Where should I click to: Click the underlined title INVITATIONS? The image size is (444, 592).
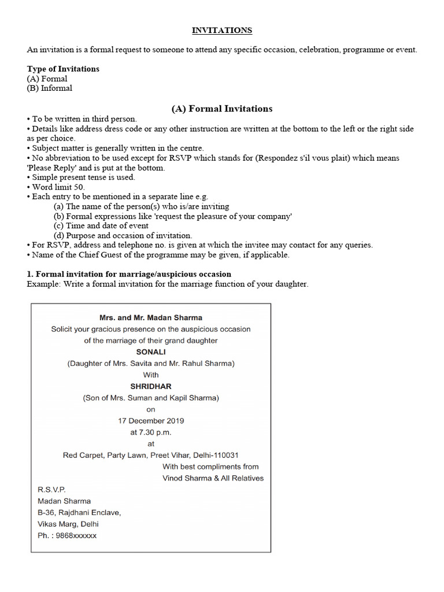point(222,31)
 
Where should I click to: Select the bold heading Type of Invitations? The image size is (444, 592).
point(63,69)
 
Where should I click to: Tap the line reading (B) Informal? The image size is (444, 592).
point(50,88)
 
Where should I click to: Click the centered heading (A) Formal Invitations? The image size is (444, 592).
point(222,109)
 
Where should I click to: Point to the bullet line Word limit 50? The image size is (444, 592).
point(58,187)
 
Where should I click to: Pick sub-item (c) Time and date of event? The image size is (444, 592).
point(101,226)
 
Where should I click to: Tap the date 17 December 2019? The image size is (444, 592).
point(151,420)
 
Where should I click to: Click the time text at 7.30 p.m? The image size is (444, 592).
point(151,432)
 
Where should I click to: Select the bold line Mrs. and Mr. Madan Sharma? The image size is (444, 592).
point(151,317)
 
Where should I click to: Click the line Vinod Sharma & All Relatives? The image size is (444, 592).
point(213,478)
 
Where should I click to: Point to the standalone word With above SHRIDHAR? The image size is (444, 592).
point(151,375)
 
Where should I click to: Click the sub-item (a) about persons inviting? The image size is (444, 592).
point(142,206)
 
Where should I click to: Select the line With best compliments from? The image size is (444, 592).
point(210,467)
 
